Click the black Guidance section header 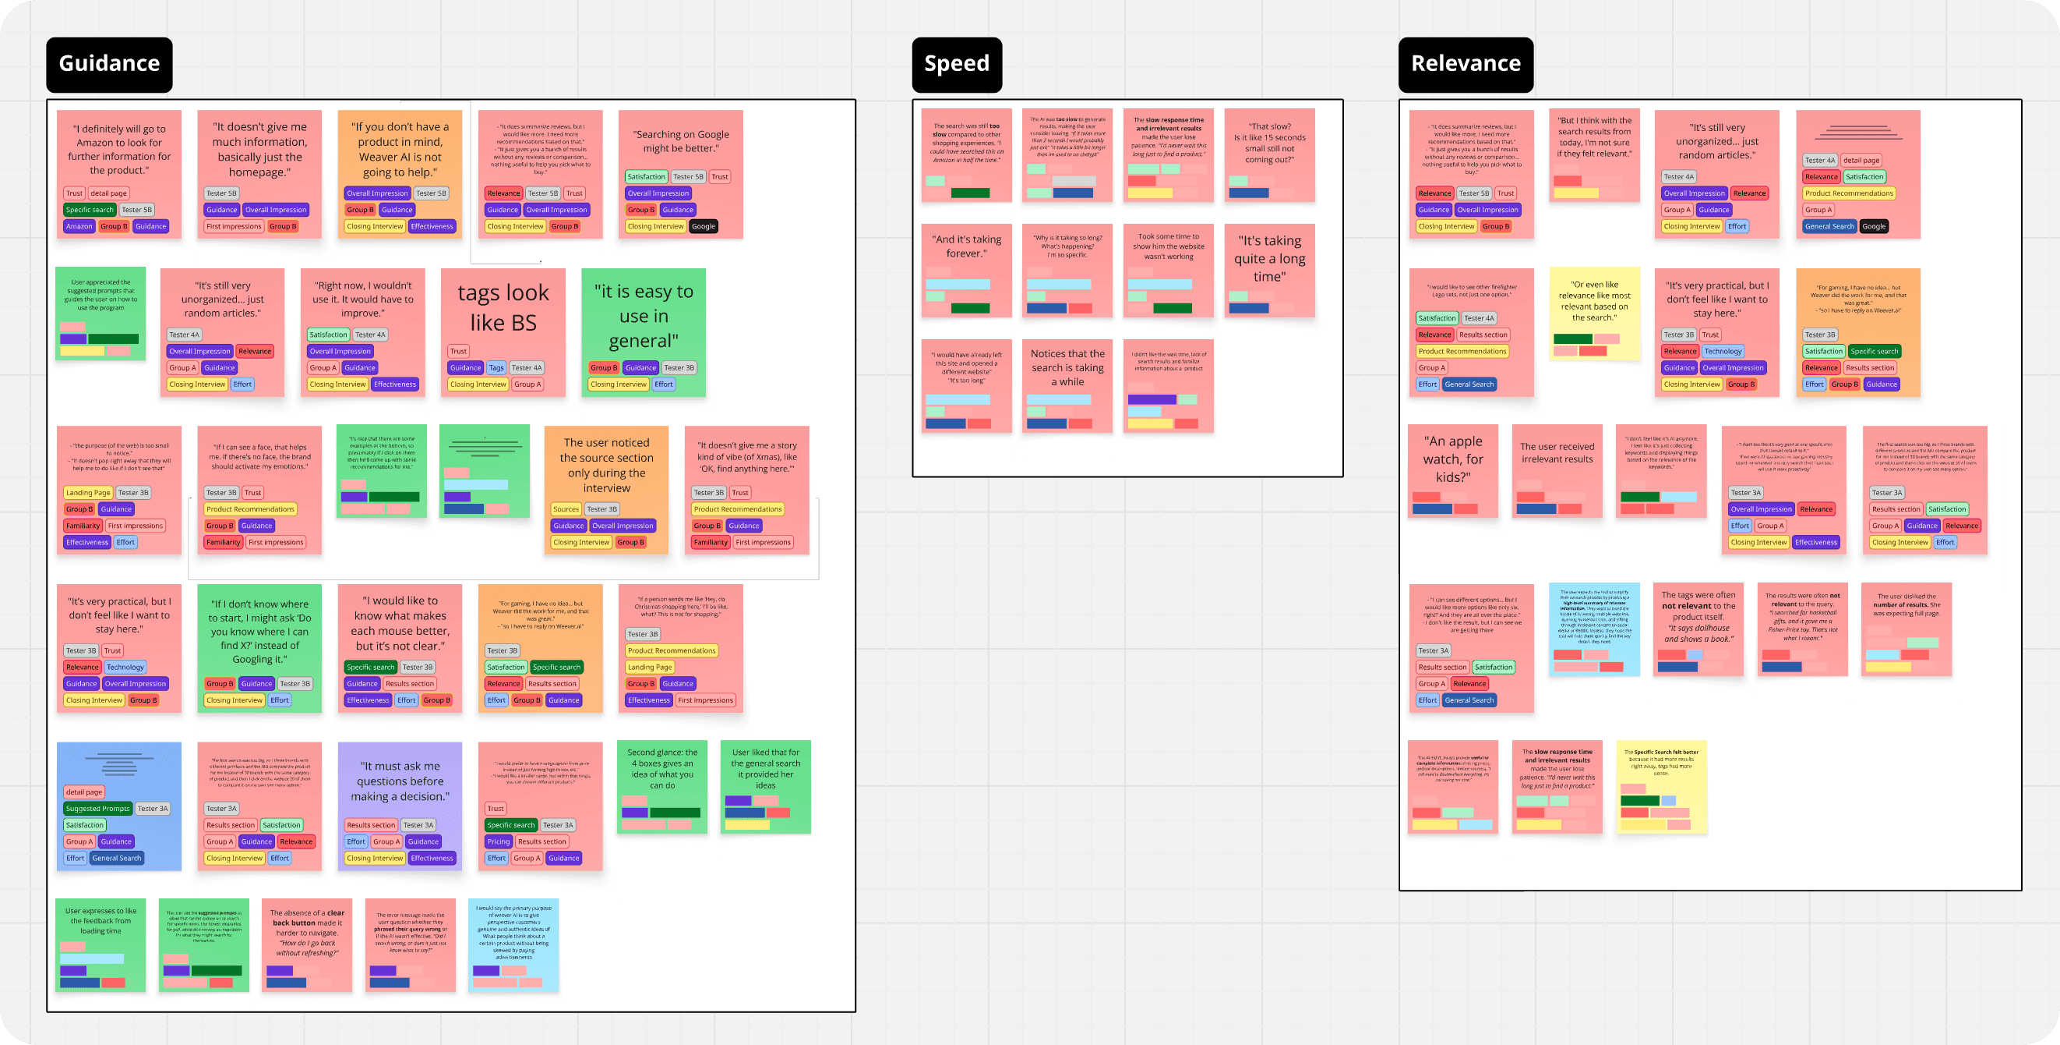109,64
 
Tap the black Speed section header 957,64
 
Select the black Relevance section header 1465,64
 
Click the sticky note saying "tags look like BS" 503,308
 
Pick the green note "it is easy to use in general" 643,316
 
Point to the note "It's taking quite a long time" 1269,258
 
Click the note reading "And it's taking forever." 966,246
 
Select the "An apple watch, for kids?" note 1452,459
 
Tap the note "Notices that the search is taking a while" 1067,367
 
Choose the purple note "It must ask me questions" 400,781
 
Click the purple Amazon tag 79,226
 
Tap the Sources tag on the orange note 566,509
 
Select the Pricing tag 498,841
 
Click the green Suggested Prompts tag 97,809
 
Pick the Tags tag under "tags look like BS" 496,368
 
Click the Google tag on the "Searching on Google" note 703,226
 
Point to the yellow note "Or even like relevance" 1594,301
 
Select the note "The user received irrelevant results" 1556,454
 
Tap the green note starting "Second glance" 662,769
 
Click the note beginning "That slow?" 1269,143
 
